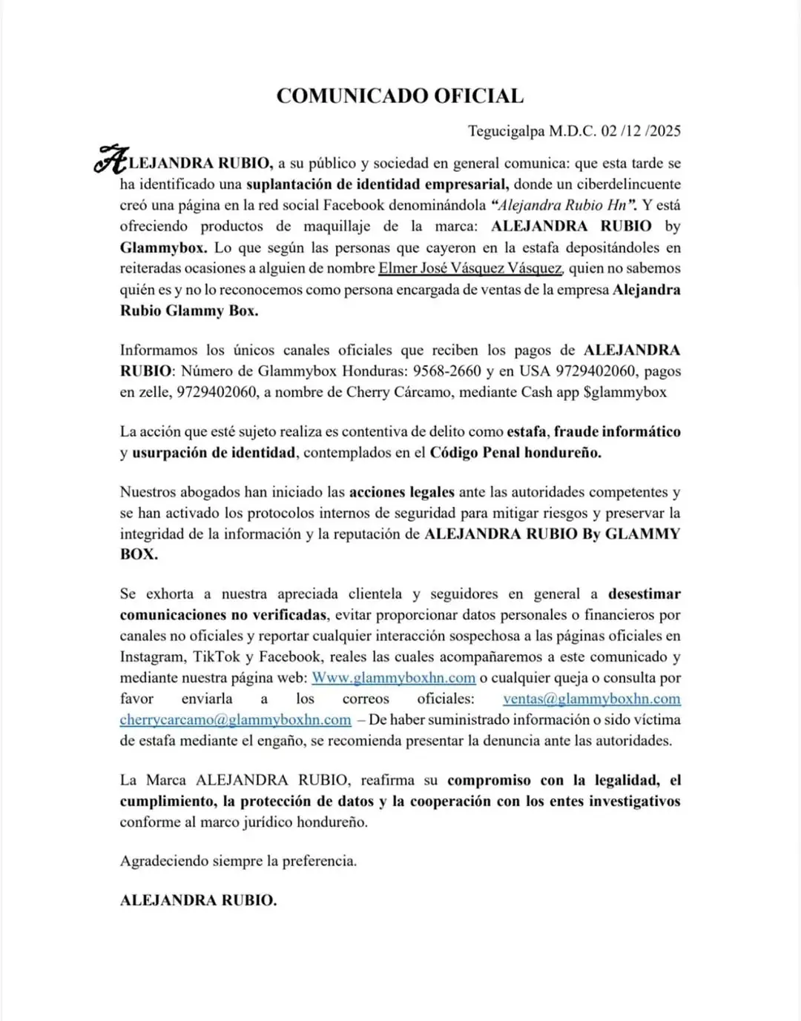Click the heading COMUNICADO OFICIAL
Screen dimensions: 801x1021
(x=400, y=96)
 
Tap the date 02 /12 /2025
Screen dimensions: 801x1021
(x=641, y=131)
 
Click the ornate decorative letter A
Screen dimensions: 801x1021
(x=111, y=159)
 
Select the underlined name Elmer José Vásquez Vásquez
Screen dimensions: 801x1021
(x=470, y=268)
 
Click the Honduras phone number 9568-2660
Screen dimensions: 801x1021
(x=447, y=371)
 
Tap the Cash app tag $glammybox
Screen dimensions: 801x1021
(x=625, y=392)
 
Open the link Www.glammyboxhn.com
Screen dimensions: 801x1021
(x=393, y=678)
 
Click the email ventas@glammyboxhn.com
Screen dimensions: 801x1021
(x=591, y=699)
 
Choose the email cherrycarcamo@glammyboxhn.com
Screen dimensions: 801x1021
(x=235, y=719)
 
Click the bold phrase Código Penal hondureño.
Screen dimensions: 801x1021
(x=515, y=452)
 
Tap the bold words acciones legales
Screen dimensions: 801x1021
(x=402, y=492)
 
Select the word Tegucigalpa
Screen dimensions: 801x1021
(x=507, y=131)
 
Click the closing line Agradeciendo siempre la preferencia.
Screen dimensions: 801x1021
(x=238, y=861)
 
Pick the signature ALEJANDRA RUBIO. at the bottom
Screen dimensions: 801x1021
(x=198, y=900)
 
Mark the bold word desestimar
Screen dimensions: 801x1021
(x=644, y=593)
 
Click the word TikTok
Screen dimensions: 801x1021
(x=217, y=656)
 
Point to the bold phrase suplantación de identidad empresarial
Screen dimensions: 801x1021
(x=377, y=184)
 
